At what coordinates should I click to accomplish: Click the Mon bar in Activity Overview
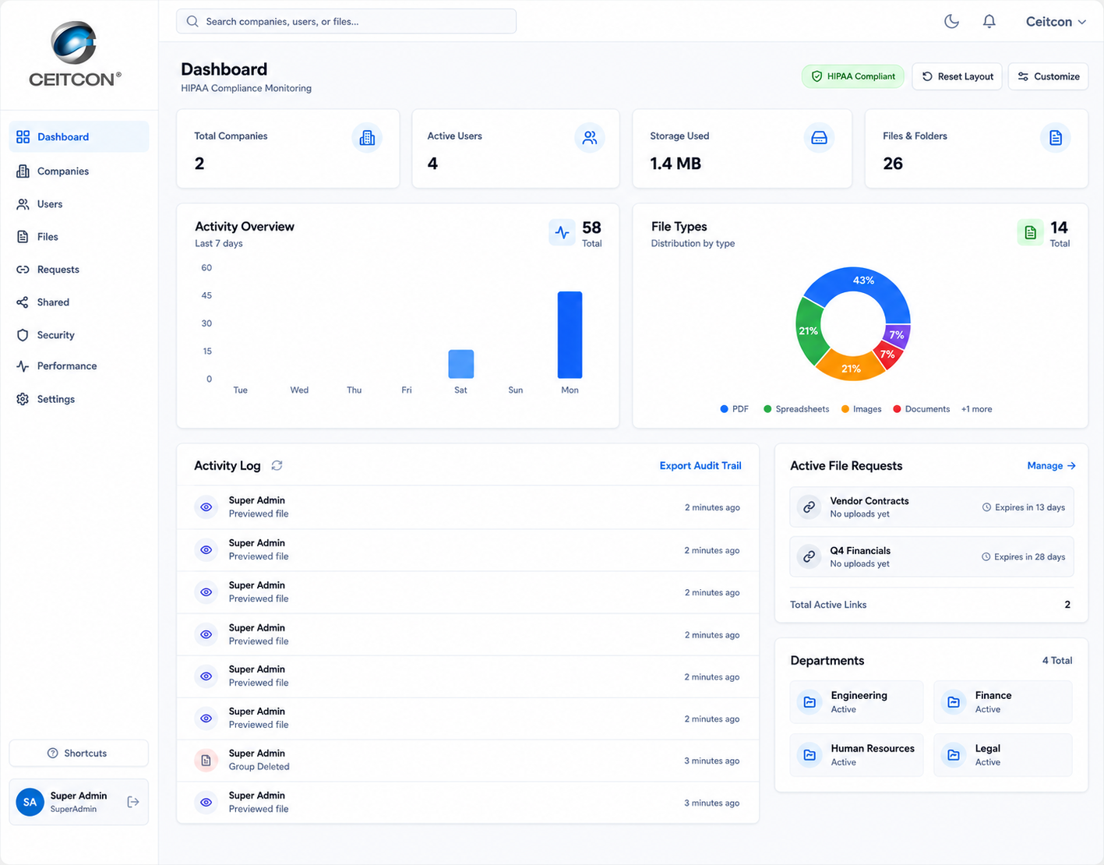pyautogui.click(x=570, y=335)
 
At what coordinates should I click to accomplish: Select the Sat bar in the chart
pyautogui.click(x=460, y=364)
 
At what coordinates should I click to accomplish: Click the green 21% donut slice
pyautogui.click(x=809, y=331)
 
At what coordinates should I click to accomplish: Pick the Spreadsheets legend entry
pyautogui.click(x=796, y=409)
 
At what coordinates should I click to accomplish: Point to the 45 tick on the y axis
pyautogui.click(x=206, y=295)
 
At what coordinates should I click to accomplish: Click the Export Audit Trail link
pyautogui.click(x=700, y=465)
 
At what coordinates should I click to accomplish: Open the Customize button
pyautogui.click(x=1048, y=76)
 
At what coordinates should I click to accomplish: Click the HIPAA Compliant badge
pyautogui.click(x=853, y=76)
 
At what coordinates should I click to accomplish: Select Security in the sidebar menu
pyautogui.click(x=55, y=335)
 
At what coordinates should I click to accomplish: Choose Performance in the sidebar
pyautogui.click(x=66, y=365)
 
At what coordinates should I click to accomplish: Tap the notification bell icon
pyautogui.click(x=989, y=21)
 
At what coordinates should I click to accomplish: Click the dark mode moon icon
pyautogui.click(x=951, y=21)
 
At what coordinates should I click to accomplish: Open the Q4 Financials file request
pyautogui.click(x=931, y=556)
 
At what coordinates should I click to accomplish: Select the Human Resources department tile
pyautogui.click(x=856, y=755)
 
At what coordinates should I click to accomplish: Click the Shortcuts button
pyautogui.click(x=79, y=753)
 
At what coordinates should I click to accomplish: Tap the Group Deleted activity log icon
pyautogui.click(x=206, y=761)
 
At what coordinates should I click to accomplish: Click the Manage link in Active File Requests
pyautogui.click(x=1051, y=465)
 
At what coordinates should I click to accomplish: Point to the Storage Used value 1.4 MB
pyautogui.click(x=675, y=163)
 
